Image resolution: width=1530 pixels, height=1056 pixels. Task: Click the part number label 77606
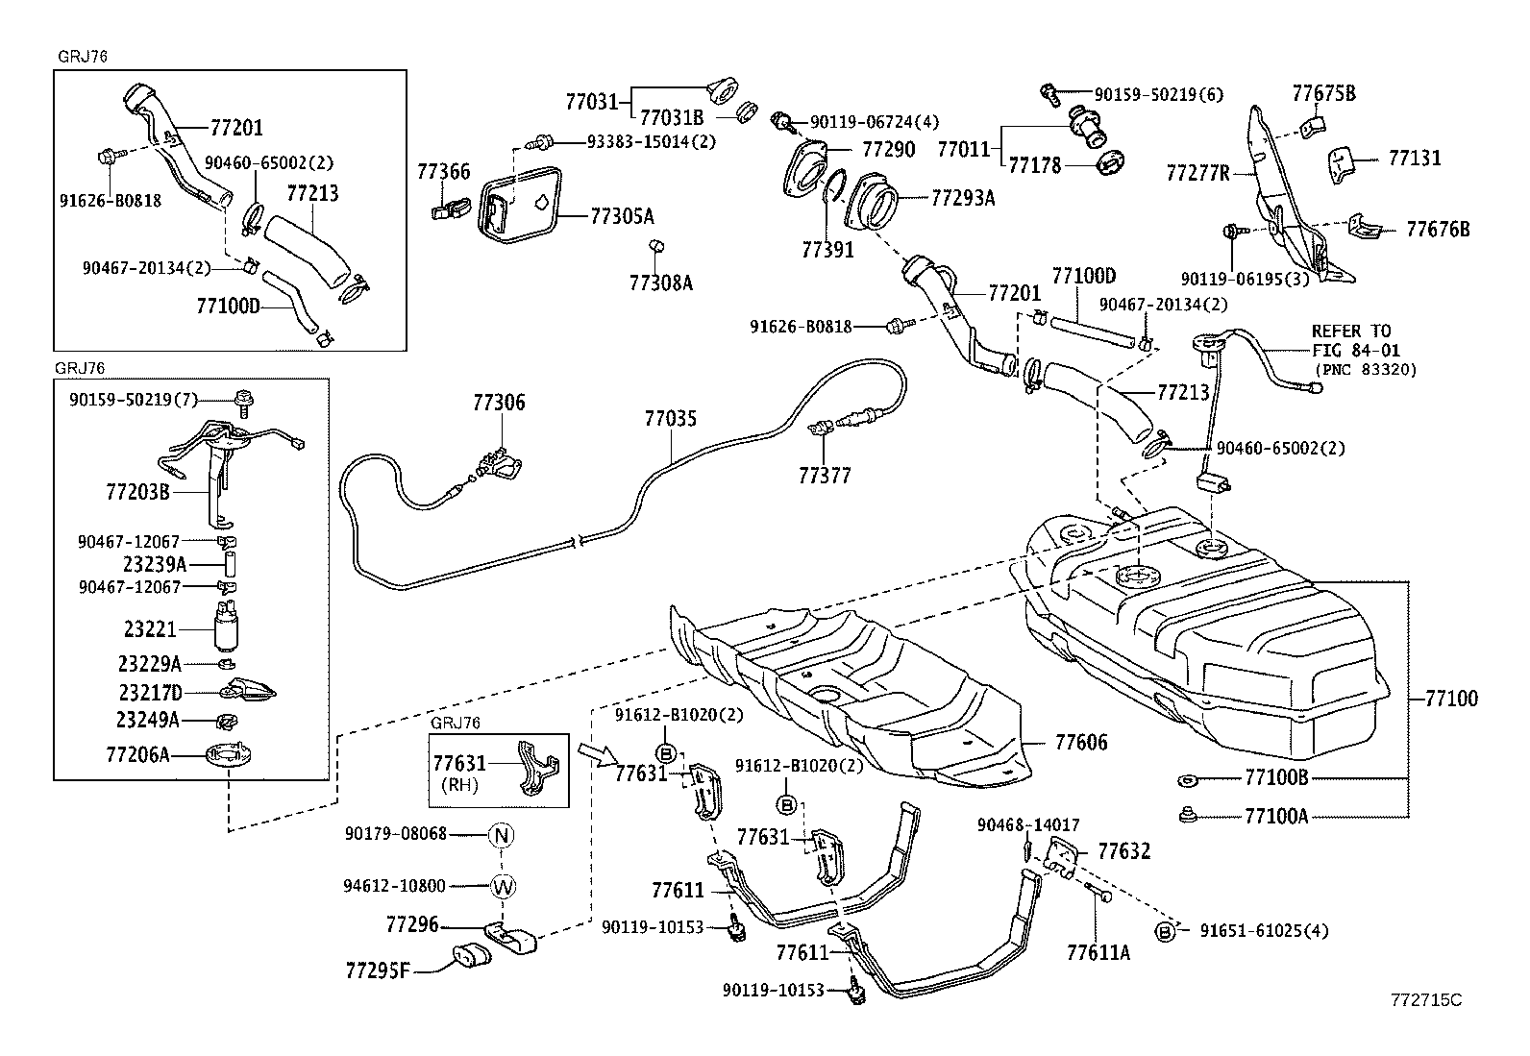click(x=1080, y=743)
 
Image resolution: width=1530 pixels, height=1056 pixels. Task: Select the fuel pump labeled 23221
click(x=228, y=629)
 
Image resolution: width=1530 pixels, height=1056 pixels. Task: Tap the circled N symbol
click(x=502, y=834)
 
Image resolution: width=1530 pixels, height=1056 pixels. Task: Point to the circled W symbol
click(x=502, y=886)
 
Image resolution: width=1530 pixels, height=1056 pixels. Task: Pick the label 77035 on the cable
click(x=670, y=419)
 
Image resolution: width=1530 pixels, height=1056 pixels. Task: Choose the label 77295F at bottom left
click(x=378, y=970)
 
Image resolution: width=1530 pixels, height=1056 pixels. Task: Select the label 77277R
click(x=1197, y=173)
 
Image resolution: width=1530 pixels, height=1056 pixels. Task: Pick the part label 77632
click(x=1123, y=851)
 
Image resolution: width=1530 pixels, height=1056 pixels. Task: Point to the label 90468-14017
click(x=1027, y=824)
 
